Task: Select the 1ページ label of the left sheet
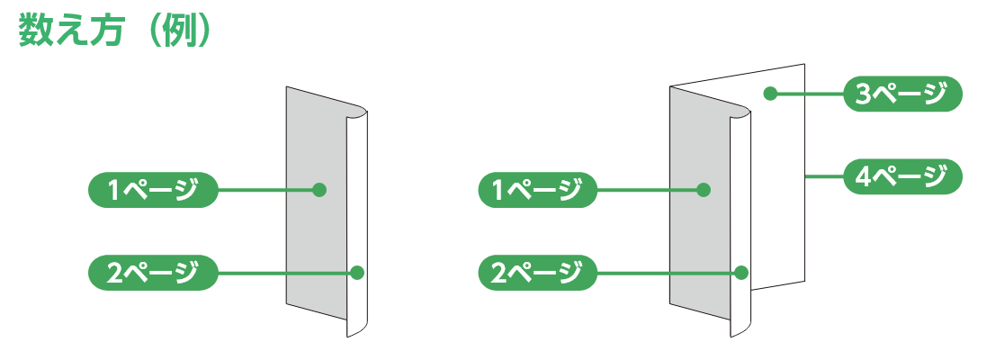[x=153, y=190]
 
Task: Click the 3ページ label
[x=902, y=94]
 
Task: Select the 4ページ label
[x=902, y=177]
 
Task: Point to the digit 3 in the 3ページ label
[x=863, y=94]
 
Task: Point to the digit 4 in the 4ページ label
[x=863, y=177]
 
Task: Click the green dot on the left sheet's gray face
[x=318, y=190]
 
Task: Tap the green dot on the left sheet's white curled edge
[x=358, y=272]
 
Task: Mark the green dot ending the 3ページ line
[x=770, y=93]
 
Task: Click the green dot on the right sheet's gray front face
[x=704, y=190]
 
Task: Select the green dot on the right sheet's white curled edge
[x=742, y=272]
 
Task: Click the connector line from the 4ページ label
[x=823, y=177]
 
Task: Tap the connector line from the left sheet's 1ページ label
[x=265, y=190]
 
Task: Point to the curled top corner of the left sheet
[x=359, y=112]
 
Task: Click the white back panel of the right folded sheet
[x=776, y=198]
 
